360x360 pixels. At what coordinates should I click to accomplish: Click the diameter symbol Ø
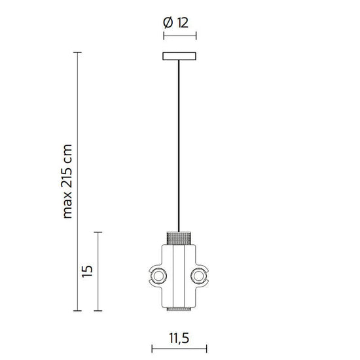point(168,22)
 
